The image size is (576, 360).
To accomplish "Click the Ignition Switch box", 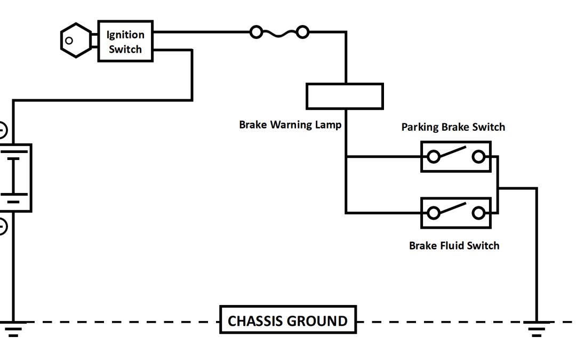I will coord(125,41).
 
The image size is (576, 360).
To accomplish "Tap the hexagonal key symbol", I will coord(75,40).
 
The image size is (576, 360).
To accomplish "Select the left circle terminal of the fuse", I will coord(256,33).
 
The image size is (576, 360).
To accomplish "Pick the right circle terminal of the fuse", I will coord(302,33).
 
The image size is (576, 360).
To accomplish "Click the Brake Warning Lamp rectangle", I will coord(345,96).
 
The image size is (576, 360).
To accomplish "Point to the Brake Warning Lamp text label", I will coord(290,125).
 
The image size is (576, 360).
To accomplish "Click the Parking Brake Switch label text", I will coord(453,127).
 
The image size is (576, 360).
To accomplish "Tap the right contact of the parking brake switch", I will coord(478,156).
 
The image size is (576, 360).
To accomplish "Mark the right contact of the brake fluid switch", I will coord(478,213).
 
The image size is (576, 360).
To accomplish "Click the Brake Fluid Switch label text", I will coord(454,245).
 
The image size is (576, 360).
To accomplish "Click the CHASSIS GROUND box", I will coord(288,320).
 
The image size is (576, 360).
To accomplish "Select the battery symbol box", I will coord(15,178).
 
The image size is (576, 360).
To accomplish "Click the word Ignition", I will coord(125,35).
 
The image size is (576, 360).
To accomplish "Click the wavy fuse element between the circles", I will coord(279,33).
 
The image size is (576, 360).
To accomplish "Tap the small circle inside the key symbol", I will coord(69,40).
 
